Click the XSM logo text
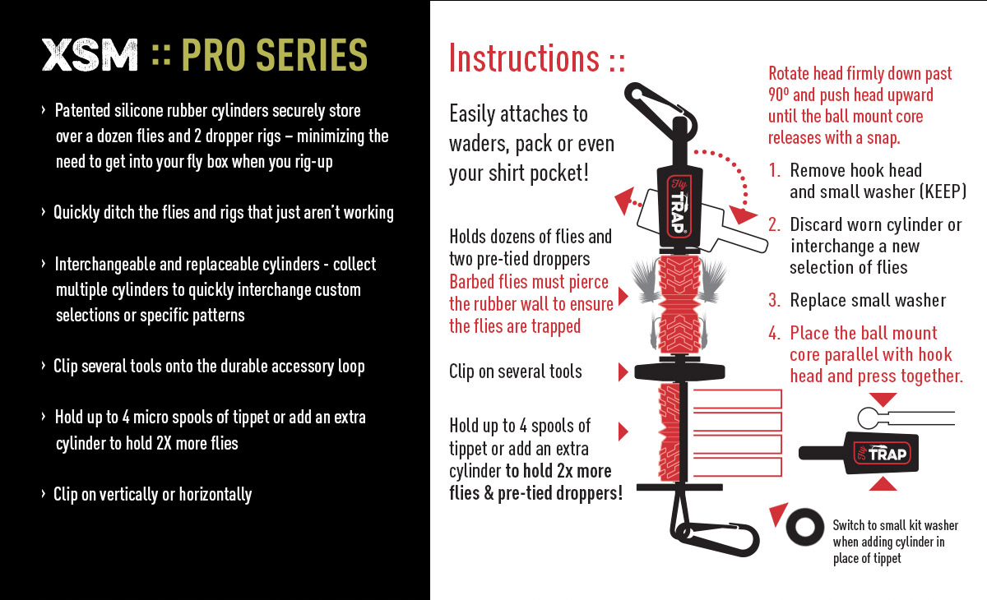click(90, 55)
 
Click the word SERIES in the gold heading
click(312, 55)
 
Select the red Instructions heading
click(536, 58)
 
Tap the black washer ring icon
click(804, 527)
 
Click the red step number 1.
click(774, 170)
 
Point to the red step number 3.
click(774, 301)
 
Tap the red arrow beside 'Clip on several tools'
click(623, 372)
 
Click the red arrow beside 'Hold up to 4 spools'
click(623, 432)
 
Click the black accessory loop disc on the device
click(679, 372)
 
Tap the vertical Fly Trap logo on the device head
click(679, 207)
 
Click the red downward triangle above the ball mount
click(883, 399)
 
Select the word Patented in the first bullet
click(82, 111)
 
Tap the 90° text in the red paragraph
click(779, 95)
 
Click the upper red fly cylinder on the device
click(679, 305)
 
